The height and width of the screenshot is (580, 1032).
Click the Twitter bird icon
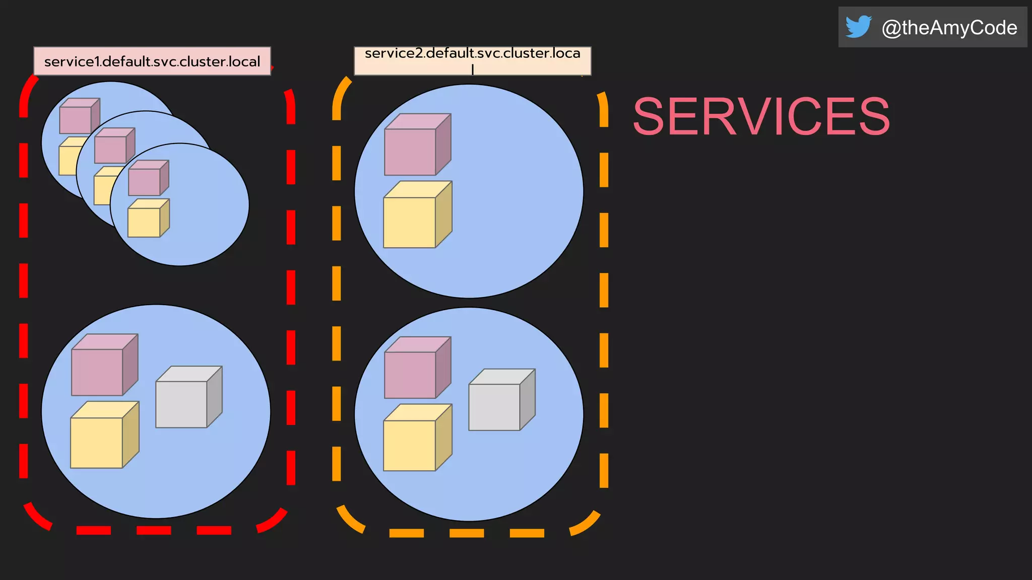click(x=858, y=27)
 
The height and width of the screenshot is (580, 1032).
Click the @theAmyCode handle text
click(x=949, y=28)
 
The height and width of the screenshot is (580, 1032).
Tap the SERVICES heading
click(x=761, y=117)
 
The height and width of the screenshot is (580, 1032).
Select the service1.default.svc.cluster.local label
click(x=152, y=61)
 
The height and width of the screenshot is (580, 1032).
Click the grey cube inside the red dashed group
click(x=187, y=398)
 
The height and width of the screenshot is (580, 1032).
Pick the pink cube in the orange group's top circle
click(x=416, y=146)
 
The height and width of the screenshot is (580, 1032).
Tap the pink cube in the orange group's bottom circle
click(x=416, y=369)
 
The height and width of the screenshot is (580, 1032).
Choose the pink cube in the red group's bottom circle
click(x=103, y=366)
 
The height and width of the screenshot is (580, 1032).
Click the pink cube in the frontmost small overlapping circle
click(x=147, y=179)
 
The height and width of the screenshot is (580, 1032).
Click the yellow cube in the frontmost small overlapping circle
click(x=147, y=219)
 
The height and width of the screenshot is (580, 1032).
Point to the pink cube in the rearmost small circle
click(x=78, y=117)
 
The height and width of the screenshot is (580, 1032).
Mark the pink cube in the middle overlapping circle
click(x=113, y=147)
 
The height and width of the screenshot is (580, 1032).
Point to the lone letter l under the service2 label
click(x=473, y=69)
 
